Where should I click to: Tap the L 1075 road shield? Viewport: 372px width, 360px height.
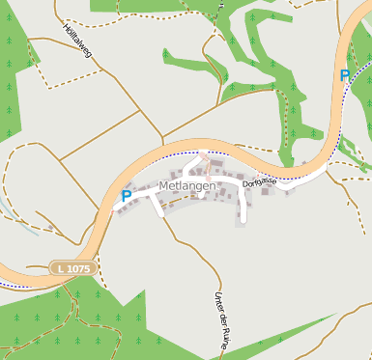pos(74,267)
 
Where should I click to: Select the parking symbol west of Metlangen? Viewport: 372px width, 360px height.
pos(126,196)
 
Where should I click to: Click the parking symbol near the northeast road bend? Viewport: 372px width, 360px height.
pos(345,75)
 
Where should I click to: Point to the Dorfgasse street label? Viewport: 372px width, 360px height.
pos(260,182)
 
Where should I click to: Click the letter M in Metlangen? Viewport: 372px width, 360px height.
pos(162,185)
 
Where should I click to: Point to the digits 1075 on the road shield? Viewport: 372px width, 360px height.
pos(78,267)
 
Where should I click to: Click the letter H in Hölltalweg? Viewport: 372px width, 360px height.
pos(66,26)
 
